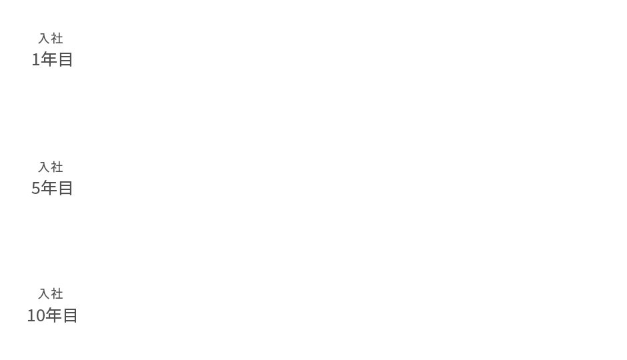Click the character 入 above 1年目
coord(43,39)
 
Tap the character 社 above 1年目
coord(57,39)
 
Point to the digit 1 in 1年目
coord(35,59)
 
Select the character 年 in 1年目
coord(49,59)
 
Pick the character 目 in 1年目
coord(65,59)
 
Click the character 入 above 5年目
coord(43,167)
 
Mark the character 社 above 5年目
coord(57,167)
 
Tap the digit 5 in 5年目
coord(35,188)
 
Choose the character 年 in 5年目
coord(49,188)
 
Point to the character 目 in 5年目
coord(65,188)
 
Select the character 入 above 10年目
coord(43,294)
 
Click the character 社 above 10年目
coord(57,294)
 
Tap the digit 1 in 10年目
coord(31,315)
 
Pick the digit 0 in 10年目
coord(40,315)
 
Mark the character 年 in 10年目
coord(53,315)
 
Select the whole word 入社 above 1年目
coord(51,39)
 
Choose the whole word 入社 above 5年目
coord(51,167)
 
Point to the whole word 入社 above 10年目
coord(51,294)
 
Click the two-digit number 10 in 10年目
coord(36,315)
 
